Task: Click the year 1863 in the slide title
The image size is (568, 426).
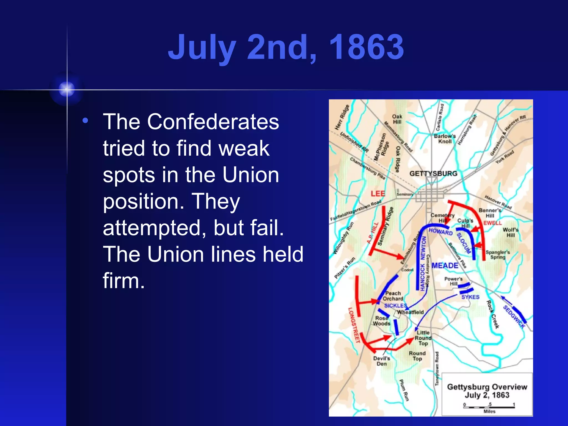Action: coord(366,47)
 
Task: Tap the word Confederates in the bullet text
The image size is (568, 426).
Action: coord(213,122)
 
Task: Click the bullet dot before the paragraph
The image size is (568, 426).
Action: coord(85,121)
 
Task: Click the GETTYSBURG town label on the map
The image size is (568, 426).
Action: coord(433,174)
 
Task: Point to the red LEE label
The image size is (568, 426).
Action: coord(378,194)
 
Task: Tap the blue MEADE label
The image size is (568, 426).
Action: coord(445,266)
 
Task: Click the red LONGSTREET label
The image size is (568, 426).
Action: coord(354,325)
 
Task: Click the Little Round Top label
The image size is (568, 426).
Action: coord(423,338)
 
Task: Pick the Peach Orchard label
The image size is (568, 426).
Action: coord(393,296)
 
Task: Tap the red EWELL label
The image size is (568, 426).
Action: coord(493,223)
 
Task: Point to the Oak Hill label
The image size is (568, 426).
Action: coord(397,119)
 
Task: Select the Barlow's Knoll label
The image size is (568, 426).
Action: coord(445,139)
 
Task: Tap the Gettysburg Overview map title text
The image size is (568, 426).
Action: coord(487,387)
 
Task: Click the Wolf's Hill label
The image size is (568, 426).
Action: coord(510,232)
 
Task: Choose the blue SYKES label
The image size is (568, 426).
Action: coord(470,297)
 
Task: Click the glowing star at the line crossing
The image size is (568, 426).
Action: coord(67,89)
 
